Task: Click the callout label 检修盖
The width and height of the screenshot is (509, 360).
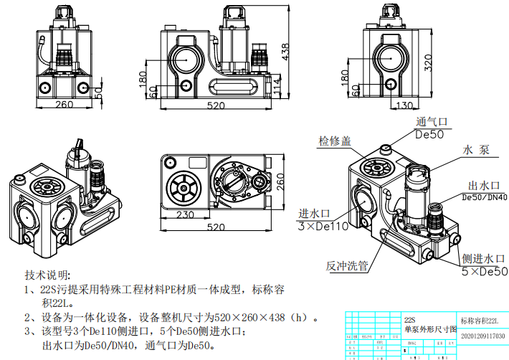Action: [334, 141]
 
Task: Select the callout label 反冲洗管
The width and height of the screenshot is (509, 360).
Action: [347, 265]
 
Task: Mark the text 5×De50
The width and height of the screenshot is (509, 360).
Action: [483, 272]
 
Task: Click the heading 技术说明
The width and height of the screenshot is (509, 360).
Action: [49, 275]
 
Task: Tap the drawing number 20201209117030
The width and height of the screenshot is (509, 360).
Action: [482, 336]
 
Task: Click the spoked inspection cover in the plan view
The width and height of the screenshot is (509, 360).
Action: [183, 188]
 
